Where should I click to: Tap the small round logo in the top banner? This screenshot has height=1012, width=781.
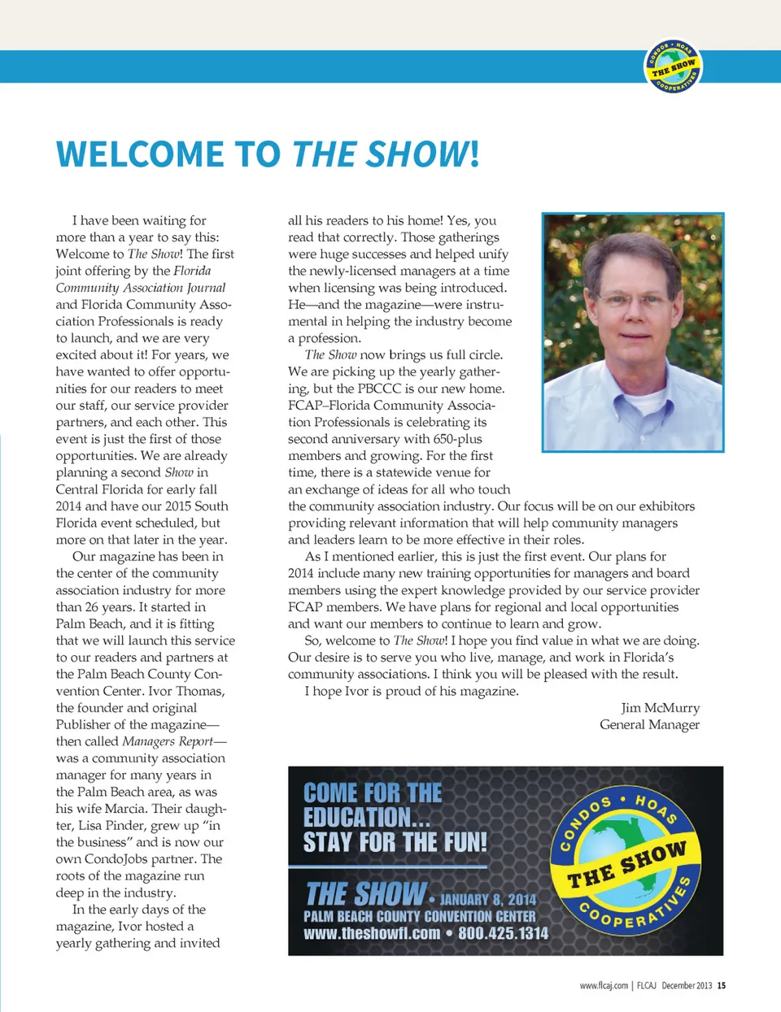click(674, 66)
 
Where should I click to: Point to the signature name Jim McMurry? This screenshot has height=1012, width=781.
click(660, 708)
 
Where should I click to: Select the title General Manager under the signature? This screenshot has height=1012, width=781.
click(649, 725)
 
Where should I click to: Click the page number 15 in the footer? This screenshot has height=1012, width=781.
click(722, 985)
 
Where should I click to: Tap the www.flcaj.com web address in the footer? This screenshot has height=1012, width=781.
click(604, 985)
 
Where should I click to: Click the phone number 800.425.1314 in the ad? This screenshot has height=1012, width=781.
click(503, 933)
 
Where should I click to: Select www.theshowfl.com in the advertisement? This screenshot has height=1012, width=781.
click(372, 933)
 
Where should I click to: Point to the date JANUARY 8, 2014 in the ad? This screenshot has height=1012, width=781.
click(488, 899)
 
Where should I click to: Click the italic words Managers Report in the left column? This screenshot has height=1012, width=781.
click(168, 741)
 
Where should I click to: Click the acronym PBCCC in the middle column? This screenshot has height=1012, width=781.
click(380, 389)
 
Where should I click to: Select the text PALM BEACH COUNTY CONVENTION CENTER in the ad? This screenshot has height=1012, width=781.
click(419, 916)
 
